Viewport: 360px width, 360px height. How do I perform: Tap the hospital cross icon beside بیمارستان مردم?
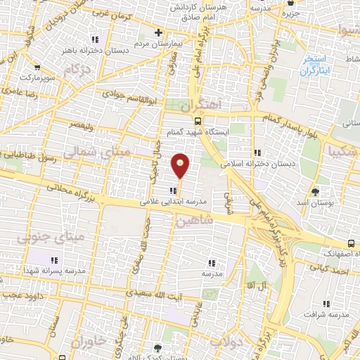coord(159,32)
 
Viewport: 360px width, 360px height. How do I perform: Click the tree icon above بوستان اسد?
coord(315,191)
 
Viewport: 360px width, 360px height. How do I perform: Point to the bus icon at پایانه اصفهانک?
coord(350,244)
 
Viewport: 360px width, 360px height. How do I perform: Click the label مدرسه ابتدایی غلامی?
coord(174,201)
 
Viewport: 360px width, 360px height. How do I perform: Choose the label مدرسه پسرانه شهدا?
coord(54,270)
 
